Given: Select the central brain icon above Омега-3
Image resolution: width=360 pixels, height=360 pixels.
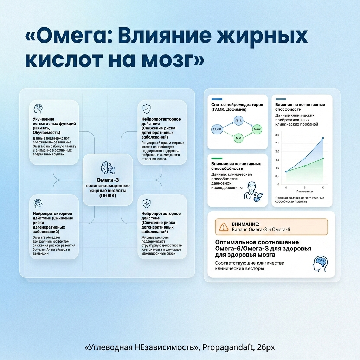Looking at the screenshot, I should tap(108, 168).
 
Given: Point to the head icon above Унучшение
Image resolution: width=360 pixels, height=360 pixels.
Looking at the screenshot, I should tap(38, 108).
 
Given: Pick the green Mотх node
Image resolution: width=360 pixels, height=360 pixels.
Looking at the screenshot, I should tap(257, 130).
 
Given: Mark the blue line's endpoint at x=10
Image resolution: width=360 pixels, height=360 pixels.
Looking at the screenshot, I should tap(323, 138).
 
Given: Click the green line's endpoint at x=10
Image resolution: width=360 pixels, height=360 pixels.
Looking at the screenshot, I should tap(323, 158).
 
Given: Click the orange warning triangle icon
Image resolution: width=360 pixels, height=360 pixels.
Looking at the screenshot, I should tap(224, 227).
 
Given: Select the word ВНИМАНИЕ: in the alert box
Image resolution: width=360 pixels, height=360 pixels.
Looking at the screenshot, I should tap(245, 224).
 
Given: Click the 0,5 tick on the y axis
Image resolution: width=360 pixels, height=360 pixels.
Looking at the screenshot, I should tap(277, 176).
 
